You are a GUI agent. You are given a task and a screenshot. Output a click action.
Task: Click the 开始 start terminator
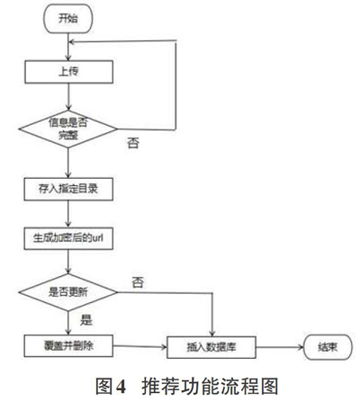coord(68,19)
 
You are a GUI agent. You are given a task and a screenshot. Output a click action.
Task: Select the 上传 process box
coord(68,72)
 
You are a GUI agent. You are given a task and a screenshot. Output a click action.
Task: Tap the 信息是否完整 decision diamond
coord(68,129)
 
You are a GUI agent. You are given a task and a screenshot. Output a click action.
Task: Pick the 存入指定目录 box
coord(68,189)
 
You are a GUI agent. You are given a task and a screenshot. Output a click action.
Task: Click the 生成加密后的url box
coord(68,238)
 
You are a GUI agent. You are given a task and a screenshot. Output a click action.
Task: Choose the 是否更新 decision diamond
coord(68,292)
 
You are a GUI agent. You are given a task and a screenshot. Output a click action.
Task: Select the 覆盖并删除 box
coord(68,346)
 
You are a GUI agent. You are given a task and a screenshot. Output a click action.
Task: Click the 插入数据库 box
coord(211,347)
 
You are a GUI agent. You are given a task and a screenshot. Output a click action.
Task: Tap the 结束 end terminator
coord(328,347)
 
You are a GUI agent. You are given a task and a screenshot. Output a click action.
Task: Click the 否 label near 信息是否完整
coord(133,143)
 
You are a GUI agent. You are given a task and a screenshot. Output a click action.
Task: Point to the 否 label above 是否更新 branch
coord(138,282)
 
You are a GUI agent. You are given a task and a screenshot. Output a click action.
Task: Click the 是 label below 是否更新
coord(86,320)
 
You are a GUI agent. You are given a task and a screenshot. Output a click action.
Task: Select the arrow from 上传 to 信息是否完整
coord(68,97)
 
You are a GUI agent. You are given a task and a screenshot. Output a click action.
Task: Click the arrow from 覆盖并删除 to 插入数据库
coord(140,347)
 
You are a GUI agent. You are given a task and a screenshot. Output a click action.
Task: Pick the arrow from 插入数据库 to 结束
coord(280,347)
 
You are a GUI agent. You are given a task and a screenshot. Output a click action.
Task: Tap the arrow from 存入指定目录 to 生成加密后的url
coord(68,214)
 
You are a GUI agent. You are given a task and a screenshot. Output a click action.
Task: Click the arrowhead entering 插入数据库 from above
coord(212,334)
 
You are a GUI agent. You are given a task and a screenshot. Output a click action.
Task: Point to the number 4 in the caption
coord(121,387)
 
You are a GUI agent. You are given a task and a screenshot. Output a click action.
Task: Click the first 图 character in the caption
coord(103,387)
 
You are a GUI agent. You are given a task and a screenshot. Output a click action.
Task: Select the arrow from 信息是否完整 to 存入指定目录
coord(68,163)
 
